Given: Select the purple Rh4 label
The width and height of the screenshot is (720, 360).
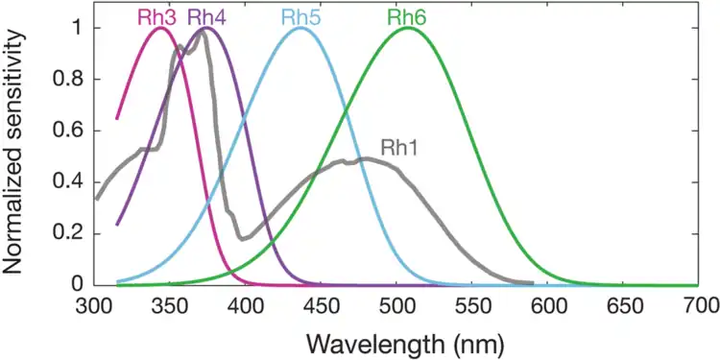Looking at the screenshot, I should [206, 16].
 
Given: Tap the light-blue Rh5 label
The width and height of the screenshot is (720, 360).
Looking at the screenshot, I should [300, 16].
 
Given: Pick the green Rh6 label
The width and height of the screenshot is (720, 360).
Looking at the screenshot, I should [408, 16].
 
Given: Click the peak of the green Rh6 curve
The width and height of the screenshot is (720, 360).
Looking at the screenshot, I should [409, 28].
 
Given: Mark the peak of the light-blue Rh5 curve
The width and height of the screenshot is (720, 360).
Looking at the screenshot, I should [300, 28].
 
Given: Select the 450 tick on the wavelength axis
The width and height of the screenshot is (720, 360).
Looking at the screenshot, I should [322, 305].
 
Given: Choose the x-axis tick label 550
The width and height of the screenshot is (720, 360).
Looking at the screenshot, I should [472, 305].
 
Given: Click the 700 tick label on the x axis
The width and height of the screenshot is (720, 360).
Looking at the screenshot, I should [699, 305].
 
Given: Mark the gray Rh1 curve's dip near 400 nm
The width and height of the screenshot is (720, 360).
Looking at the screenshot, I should [243, 237].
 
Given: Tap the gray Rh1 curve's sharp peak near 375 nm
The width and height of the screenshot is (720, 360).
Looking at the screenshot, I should [204, 35].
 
